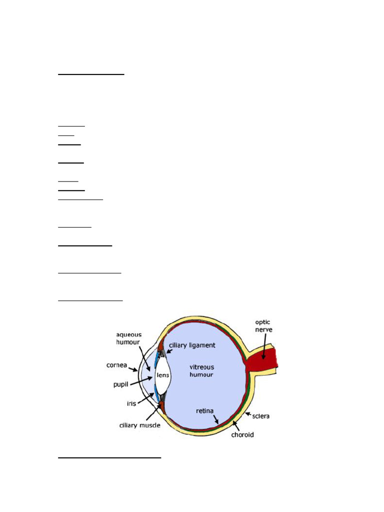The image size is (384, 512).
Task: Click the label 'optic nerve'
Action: point(263,326)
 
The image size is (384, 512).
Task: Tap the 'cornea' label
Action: point(116,365)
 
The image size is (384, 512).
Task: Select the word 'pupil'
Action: point(120,384)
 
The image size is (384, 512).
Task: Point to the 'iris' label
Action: point(131,403)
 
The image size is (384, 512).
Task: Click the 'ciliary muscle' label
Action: point(140,425)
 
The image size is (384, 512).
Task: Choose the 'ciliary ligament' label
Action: point(192,345)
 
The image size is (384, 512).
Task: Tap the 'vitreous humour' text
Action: point(201,370)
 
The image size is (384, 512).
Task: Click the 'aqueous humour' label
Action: point(128,338)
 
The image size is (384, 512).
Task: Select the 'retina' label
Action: point(204,411)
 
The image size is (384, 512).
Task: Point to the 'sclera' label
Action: point(260,416)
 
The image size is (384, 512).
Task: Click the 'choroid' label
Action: point(242,434)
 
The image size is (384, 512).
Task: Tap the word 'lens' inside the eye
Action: point(162,375)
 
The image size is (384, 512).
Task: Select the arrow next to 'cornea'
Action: point(133,369)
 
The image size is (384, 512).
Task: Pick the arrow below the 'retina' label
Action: point(216,419)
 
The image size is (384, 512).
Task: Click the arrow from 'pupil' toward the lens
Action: point(141,381)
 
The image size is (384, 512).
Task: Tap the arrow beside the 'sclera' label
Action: point(248,414)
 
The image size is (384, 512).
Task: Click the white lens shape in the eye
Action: point(162,375)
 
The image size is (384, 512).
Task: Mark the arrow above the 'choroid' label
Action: point(236,425)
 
